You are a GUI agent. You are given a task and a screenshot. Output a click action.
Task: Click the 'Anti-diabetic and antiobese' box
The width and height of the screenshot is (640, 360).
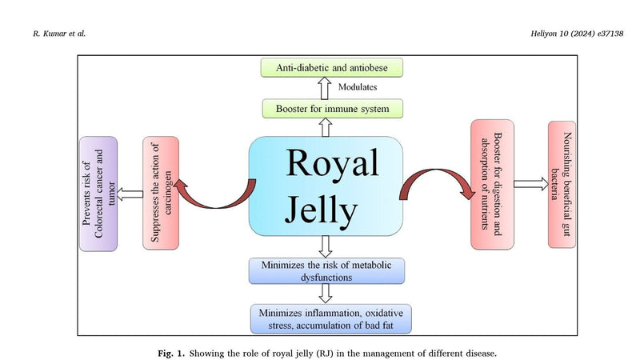coord(332,67)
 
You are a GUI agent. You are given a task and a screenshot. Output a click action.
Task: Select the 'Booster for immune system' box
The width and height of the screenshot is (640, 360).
coord(332,109)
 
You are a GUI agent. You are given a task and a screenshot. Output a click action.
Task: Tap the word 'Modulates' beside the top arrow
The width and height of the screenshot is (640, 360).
coord(358,87)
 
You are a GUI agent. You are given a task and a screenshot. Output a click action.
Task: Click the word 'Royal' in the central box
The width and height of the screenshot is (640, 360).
coord(332,162)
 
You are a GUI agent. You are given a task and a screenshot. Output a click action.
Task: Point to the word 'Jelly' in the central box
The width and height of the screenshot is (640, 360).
coord(322,210)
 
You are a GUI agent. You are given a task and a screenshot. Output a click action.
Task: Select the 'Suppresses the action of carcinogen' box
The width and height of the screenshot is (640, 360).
coord(161,193)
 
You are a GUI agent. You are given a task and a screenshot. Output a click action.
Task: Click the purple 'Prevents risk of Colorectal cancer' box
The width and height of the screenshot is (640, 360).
coord(98,194)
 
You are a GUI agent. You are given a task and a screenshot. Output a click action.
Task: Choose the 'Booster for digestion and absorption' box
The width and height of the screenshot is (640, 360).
coord(492,185)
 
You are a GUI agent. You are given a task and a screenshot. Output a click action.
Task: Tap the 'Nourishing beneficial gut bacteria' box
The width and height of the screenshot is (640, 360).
coord(562,185)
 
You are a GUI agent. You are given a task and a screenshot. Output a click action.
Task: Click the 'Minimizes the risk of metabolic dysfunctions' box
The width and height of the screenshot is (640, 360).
coord(326,270)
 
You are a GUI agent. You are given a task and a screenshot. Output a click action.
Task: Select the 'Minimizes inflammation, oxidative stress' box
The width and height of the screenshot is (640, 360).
coord(330,318)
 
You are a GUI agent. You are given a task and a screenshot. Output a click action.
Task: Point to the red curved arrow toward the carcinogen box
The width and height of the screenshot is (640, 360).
coord(214,203)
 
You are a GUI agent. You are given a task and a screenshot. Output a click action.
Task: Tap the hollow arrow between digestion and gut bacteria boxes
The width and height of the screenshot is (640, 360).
coord(531,184)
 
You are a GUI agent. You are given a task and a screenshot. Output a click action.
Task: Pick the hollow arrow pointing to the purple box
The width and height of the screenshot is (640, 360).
coord(130,194)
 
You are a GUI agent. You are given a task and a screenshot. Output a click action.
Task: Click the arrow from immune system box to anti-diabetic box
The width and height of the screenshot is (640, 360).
coord(325,88)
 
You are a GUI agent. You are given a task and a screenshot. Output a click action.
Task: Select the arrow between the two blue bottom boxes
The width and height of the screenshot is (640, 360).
coord(326,294)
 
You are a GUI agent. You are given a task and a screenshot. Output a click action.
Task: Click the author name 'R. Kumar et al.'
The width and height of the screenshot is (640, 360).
coord(59,34)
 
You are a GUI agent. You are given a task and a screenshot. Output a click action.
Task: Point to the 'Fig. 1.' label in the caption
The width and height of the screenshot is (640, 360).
coord(171,354)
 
